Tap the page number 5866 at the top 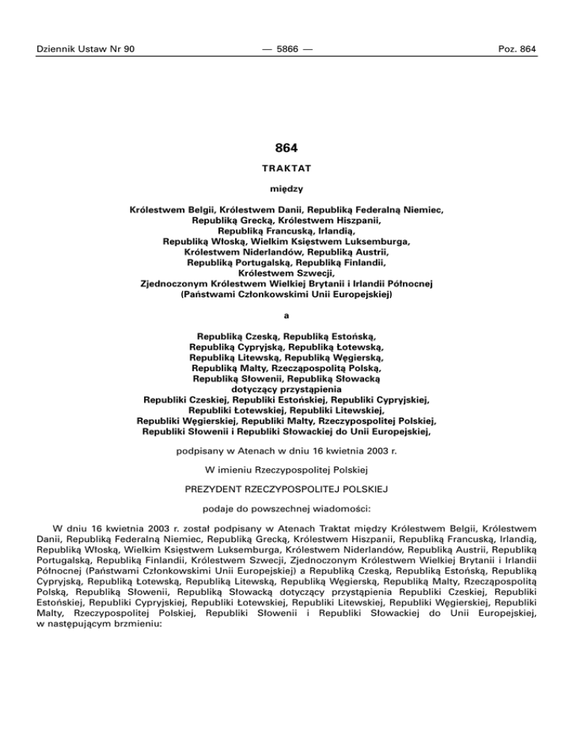(286, 49)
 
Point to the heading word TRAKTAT (286, 169)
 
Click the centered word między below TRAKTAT (286, 189)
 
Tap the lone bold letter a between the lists (286, 315)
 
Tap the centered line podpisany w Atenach (286, 450)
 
